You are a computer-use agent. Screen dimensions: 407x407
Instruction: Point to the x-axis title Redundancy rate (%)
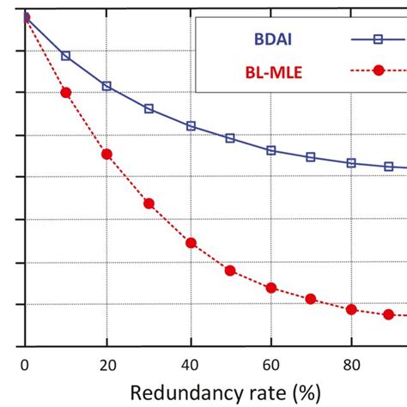(x=224, y=392)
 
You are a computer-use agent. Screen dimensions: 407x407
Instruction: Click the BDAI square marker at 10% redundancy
(x=66, y=56)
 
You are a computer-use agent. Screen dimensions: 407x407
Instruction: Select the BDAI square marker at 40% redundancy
(x=191, y=126)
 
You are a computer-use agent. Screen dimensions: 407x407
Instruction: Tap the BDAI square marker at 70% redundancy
(x=311, y=157)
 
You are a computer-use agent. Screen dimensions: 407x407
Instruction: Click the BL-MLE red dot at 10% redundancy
(x=66, y=92)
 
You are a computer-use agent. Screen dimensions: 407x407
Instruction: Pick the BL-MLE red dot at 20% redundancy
(x=106, y=154)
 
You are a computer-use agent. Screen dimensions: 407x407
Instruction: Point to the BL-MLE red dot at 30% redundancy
(x=149, y=203)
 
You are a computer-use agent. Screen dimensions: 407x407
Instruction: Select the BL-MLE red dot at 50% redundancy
(x=230, y=270)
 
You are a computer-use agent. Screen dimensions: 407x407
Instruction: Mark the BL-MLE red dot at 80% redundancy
(x=351, y=309)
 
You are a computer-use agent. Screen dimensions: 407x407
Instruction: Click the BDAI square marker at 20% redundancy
(x=106, y=86)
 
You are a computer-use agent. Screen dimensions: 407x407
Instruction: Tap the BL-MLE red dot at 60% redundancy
(x=271, y=288)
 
